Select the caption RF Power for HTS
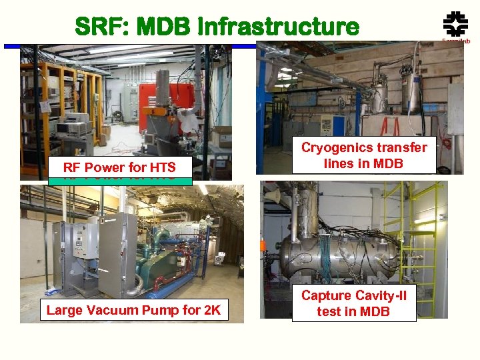[119, 167]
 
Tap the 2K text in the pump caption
[210, 309]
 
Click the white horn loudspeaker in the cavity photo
[273, 197]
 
